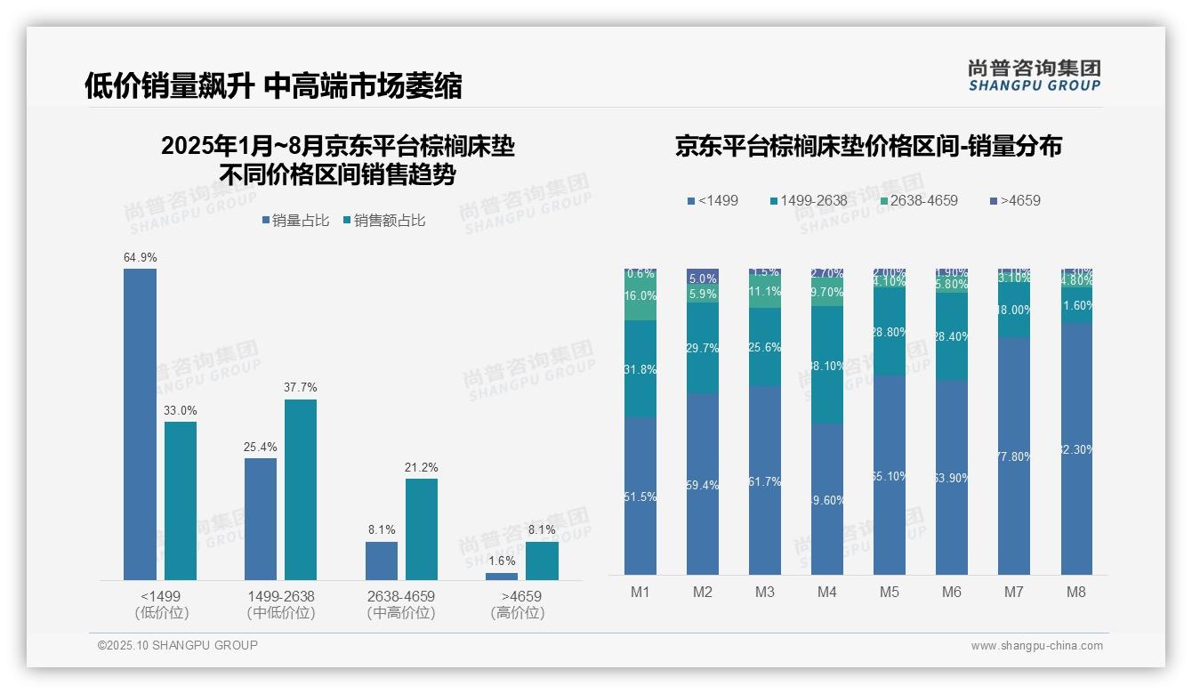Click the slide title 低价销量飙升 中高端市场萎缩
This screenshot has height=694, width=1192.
tap(273, 85)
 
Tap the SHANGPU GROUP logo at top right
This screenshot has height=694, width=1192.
tap(1034, 75)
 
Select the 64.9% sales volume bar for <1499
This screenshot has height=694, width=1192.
tap(140, 424)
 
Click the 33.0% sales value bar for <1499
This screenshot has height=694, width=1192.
tap(181, 501)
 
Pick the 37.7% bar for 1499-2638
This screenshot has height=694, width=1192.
tap(301, 489)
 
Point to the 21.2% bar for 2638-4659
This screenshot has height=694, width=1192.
tap(422, 529)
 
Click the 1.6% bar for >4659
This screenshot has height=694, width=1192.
tap(502, 577)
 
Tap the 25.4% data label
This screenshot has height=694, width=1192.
tap(261, 447)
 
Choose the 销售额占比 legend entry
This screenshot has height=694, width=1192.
tap(383, 221)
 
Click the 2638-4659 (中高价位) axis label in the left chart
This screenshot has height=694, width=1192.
tap(401, 604)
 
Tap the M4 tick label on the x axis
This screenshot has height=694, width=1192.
tap(827, 592)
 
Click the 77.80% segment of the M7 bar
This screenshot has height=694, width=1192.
tap(1014, 456)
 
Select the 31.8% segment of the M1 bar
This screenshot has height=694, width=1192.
tap(640, 369)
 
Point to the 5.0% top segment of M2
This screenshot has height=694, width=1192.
tap(703, 277)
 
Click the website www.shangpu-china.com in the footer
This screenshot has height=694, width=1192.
tap(1036, 646)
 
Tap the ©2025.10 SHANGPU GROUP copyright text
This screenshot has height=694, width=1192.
tap(178, 645)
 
